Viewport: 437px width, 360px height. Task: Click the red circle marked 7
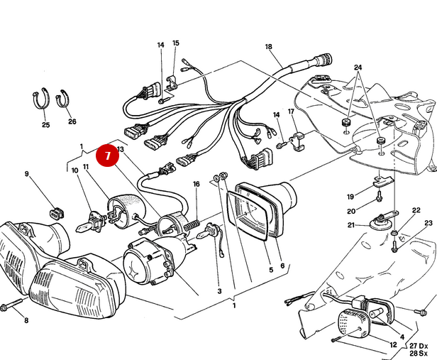pyautogui.click(x=108, y=156)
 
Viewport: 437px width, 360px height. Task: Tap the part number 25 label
pyautogui.click(x=45, y=124)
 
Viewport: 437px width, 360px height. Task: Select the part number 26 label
pyautogui.click(x=72, y=121)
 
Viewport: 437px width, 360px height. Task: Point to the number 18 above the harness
pyautogui.click(x=268, y=47)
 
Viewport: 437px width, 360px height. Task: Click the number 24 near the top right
pyautogui.click(x=358, y=67)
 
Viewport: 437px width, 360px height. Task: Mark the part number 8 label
pyautogui.click(x=26, y=321)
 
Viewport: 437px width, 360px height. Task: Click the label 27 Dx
pyautogui.click(x=417, y=345)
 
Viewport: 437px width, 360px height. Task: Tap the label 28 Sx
pyautogui.click(x=417, y=353)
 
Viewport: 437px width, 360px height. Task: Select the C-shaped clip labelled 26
pyautogui.click(x=65, y=97)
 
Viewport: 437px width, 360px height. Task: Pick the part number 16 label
pyautogui.click(x=196, y=184)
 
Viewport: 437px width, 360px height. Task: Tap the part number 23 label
pyautogui.click(x=428, y=224)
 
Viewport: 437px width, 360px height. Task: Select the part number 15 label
pyautogui.click(x=176, y=43)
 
